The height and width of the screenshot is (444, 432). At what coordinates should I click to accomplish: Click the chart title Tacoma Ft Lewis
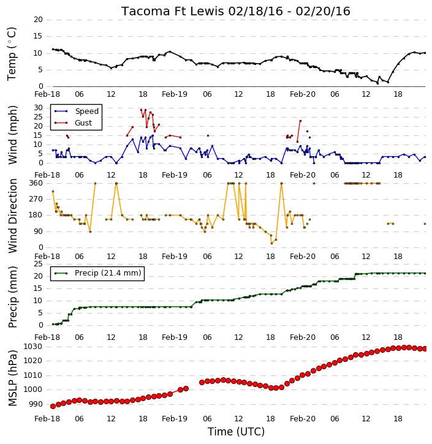[x=173, y=11]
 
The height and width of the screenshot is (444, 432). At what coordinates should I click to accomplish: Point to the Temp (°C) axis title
[x=12, y=54]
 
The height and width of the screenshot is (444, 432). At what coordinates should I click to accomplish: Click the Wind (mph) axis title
[x=13, y=135]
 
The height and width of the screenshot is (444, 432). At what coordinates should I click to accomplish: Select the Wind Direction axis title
[x=13, y=216]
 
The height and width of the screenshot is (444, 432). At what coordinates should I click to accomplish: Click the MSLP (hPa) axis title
[x=13, y=378]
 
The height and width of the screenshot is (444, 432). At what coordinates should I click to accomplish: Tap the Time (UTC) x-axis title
[x=236, y=432]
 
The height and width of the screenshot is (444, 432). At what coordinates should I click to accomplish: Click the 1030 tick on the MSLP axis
[x=33, y=347]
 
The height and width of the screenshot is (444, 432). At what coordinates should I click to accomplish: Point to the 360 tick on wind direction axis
[x=36, y=183]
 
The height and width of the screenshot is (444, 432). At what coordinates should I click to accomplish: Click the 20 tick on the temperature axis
[x=38, y=20]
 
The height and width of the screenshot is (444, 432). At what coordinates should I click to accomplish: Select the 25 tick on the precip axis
[x=38, y=264]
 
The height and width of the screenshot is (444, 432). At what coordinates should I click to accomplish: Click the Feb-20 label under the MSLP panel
[x=303, y=418]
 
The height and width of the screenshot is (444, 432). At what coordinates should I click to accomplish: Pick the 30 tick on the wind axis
[x=38, y=108]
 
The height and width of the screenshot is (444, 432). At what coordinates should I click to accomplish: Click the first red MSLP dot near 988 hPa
[x=53, y=407]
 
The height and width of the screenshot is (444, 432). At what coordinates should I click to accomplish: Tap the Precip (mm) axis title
[x=13, y=297]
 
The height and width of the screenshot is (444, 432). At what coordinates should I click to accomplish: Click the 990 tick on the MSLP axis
[x=35, y=404]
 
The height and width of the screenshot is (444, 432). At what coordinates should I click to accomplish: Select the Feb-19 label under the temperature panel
[x=175, y=94]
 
